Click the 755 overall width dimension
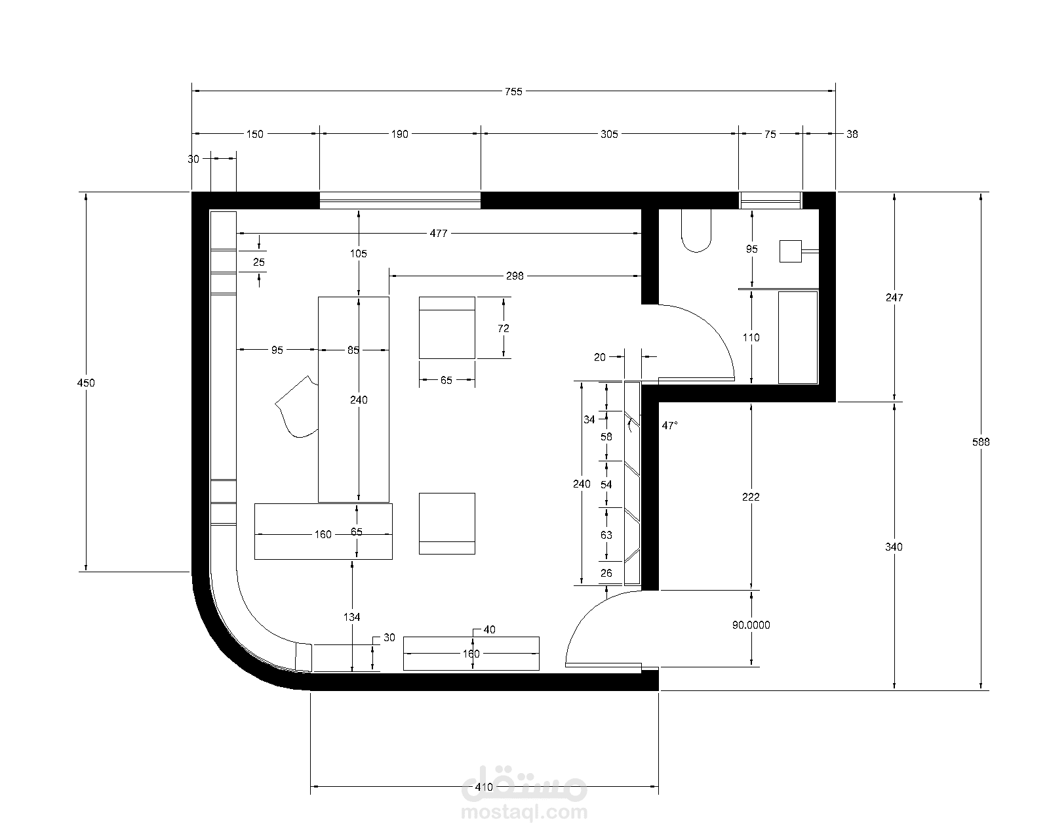(x=513, y=92)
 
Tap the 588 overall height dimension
(x=981, y=442)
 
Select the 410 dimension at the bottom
(x=484, y=787)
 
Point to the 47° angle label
(x=670, y=426)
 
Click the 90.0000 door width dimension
(x=751, y=625)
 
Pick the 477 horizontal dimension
(x=439, y=234)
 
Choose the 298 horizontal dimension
(x=515, y=276)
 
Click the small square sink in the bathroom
(x=790, y=251)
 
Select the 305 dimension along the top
(x=609, y=135)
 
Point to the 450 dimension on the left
(x=86, y=383)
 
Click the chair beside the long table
(x=297, y=407)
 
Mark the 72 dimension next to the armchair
(x=504, y=329)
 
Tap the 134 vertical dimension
(x=352, y=617)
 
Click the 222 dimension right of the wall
(x=751, y=497)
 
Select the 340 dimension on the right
(x=894, y=547)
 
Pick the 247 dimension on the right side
(x=894, y=297)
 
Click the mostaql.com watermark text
(x=524, y=812)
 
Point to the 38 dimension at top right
(x=852, y=135)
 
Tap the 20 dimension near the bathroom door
(x=599, y=357)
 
